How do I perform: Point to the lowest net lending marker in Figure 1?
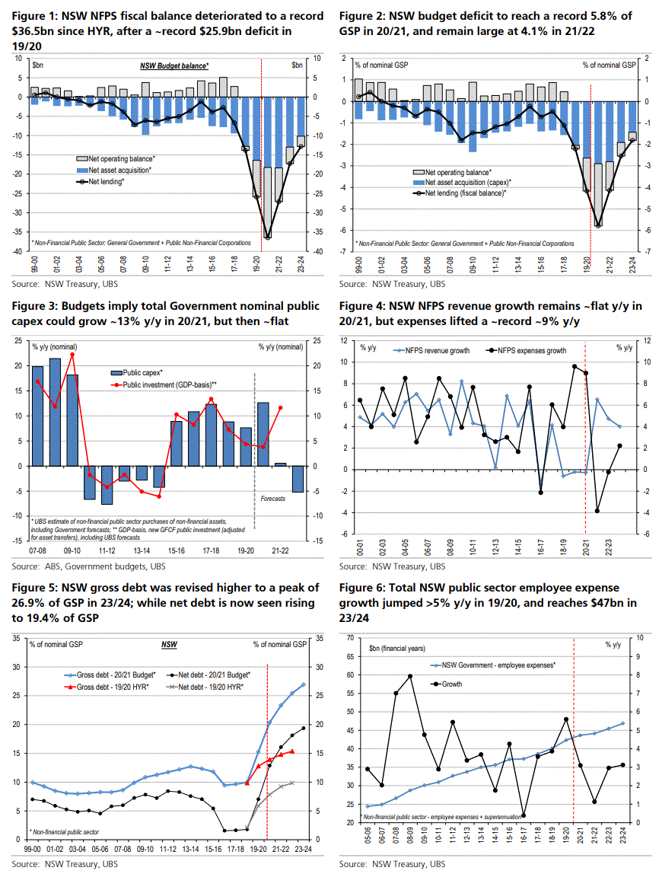[x=268, y=238]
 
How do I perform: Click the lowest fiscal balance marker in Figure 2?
[x=599, y=225]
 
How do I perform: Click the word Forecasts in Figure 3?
[x=269, y=498]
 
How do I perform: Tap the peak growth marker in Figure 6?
[x=410, y=676]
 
